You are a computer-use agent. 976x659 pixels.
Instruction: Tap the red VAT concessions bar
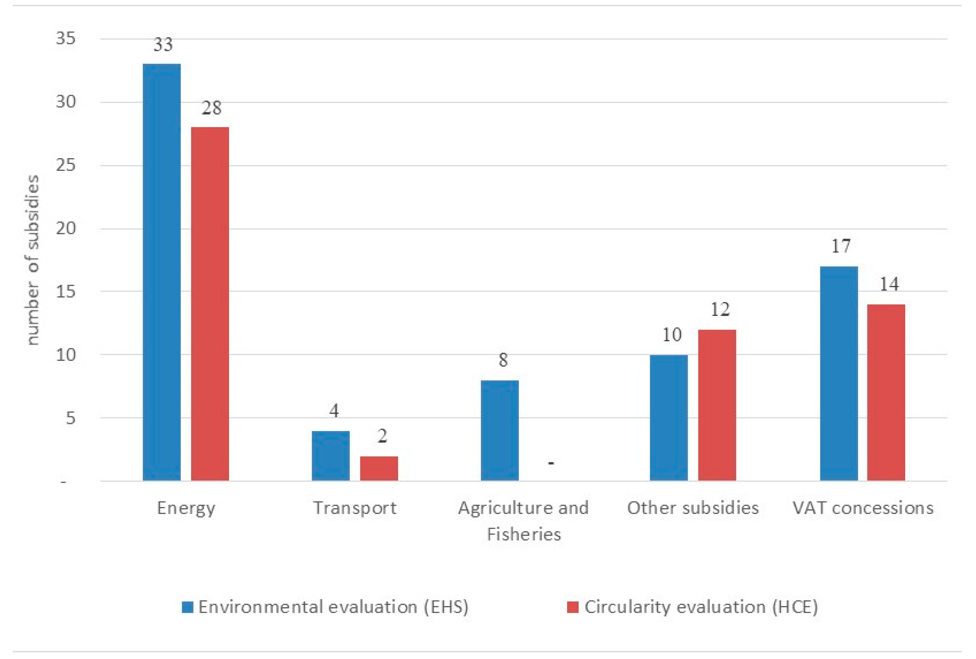tap(886, 392)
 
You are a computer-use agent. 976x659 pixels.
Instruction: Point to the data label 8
tap(503, 360)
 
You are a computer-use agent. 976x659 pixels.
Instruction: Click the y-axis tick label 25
tap(66, 165)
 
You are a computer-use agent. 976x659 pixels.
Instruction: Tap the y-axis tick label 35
tap(66, 38)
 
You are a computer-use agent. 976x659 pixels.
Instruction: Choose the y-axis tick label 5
tap(70, 418)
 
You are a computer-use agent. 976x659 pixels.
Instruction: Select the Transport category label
tap(355, 508)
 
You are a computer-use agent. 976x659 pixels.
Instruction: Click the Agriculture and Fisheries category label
tap(523, 521)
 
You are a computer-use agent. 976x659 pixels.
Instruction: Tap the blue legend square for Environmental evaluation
tap(187, 607)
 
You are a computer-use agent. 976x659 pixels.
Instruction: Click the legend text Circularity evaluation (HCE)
tap(701, 607)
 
